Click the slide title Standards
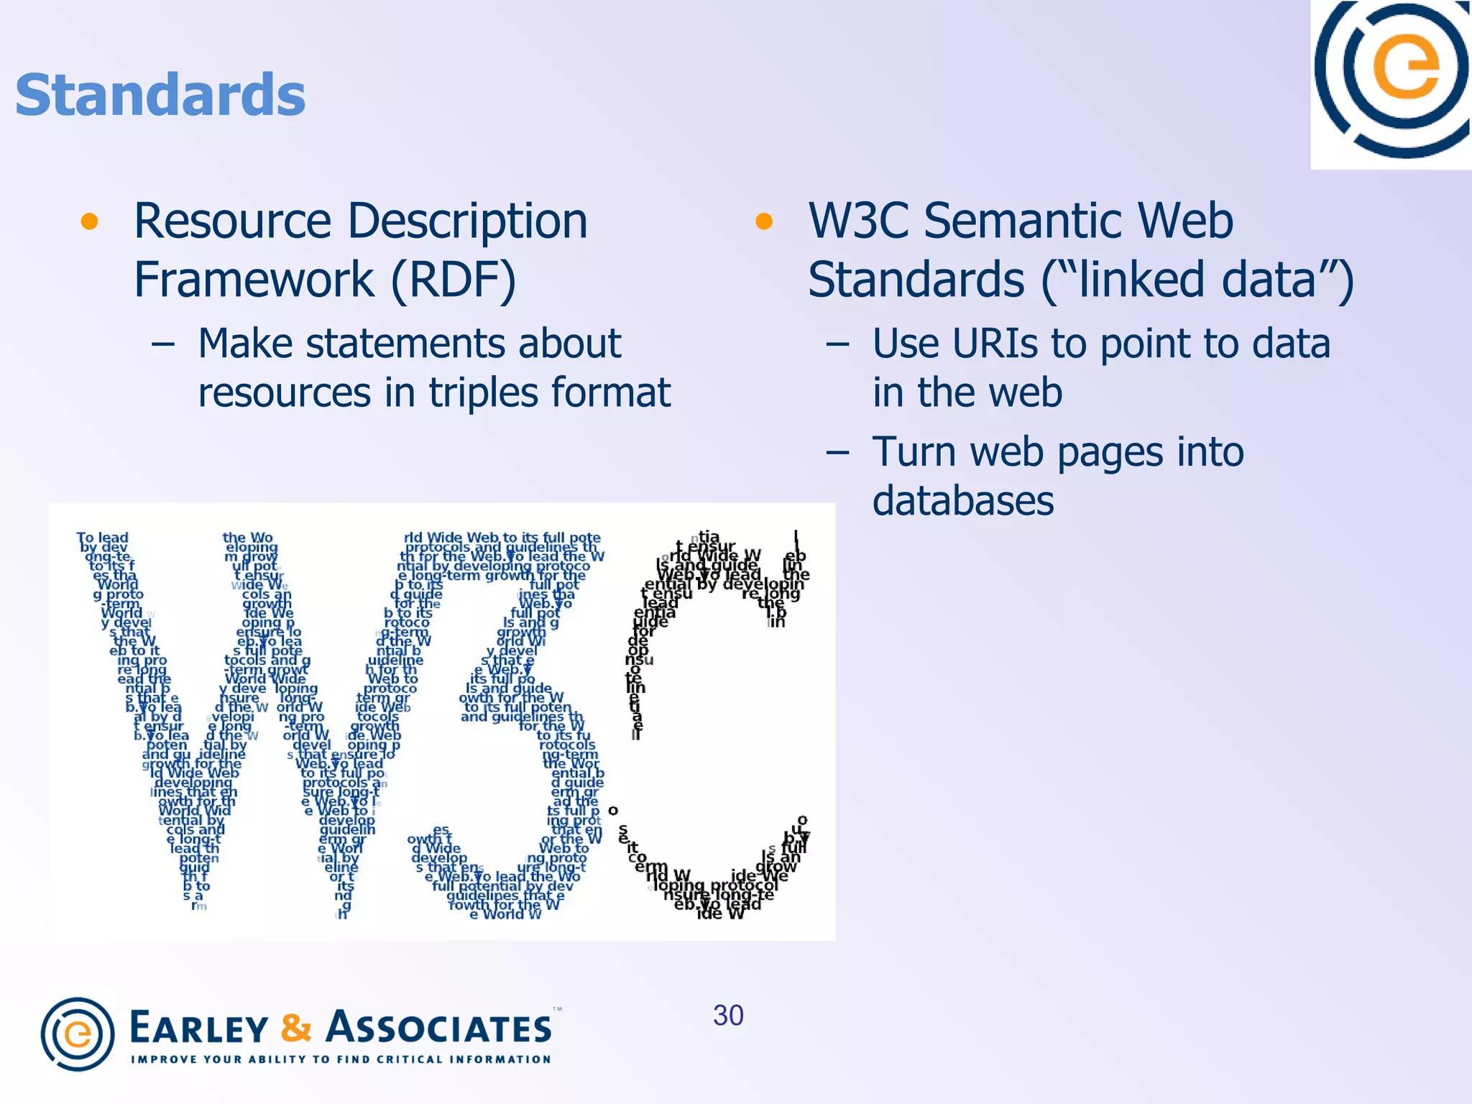click(160, 95)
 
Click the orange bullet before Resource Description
click(89, 221)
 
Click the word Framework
click(254, 280)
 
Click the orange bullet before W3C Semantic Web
click(763, 221)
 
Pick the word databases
click(963, 501)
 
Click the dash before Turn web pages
click(838, 453)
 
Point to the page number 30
click(728, 1016)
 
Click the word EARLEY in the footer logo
click(199, 1029)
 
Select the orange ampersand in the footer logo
click(296, 1028)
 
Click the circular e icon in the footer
click(78, 1034)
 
